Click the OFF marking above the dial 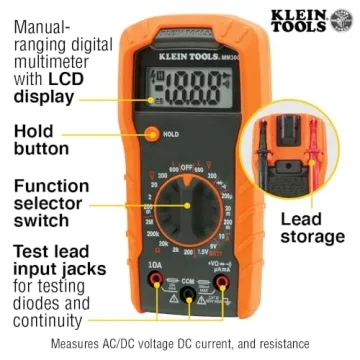(x=181, y=161)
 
